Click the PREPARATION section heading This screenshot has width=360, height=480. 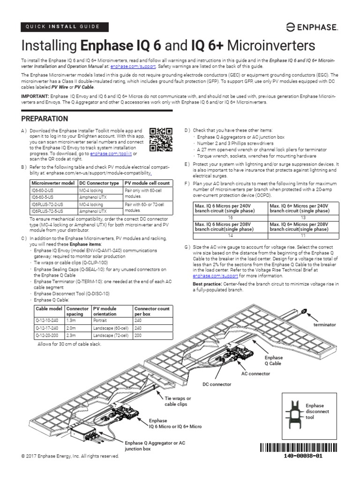click(x=45, y=119)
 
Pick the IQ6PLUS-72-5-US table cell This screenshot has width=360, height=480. click(x=46, y=211)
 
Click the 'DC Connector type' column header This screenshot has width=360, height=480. click(x=99, y=183)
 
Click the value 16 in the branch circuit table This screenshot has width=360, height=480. click(x=230, y=218)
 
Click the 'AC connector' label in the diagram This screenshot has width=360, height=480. click(x=255, y=374)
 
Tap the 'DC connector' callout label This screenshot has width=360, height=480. click(x=217, y=384)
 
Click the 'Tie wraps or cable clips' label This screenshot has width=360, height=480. click(x=178, y=400)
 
